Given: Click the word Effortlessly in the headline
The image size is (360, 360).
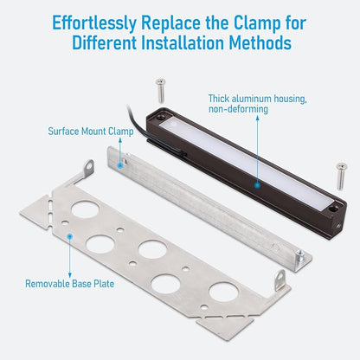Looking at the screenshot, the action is pyautogui.click(x=93, y=23).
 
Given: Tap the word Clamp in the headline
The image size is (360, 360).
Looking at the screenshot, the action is pyautogui.click(x=257, y=23).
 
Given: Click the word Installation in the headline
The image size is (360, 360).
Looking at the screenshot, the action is pyautogui.click(x=183, y=43).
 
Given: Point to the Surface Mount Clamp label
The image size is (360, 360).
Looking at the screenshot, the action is pyautogui.click(x=91, y=132).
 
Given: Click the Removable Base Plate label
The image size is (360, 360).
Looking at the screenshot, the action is pyautogui.click(x=69, y=284).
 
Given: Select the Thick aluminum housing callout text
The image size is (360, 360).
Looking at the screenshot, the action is pyautogui.click(x=258, y=104).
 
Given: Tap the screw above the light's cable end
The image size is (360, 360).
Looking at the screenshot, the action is pyautogui.click(x=161, y=90).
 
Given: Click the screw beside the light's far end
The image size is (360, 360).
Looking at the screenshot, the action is pyautogui.click(x=342, y=177).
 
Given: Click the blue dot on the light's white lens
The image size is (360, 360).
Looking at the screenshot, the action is pyautogui.click(x=258, y=184).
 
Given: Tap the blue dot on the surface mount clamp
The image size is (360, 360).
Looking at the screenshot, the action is pyautogui.click(x=120, y=165).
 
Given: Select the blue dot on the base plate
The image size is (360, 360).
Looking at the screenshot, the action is pyautogui.click(x=69, y=236).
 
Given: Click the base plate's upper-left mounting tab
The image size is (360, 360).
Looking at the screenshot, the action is pyautogui.click(x=89, y=167).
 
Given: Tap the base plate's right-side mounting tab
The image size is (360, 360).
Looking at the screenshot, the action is pyautogui.click(x=280, y=280).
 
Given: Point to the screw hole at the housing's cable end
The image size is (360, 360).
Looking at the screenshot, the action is pyautogui.click(x=160, y=118).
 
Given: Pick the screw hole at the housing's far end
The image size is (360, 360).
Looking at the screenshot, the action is pyautogui.click(x=335, y=208).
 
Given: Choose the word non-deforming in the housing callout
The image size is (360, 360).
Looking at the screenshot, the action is pyautogui.click(x=238, y=109).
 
